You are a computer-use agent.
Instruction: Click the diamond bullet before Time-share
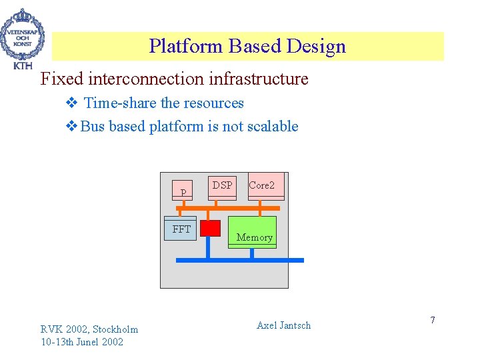[x=72, y=103]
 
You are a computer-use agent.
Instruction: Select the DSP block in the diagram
[x=223, y=187]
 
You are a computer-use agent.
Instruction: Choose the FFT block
[x=181, y=229]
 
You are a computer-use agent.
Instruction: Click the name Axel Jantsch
[x=283, y=325]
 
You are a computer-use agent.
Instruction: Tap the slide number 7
[x=432, y=321]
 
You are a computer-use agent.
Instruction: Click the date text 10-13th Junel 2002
[x=81, y=342]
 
